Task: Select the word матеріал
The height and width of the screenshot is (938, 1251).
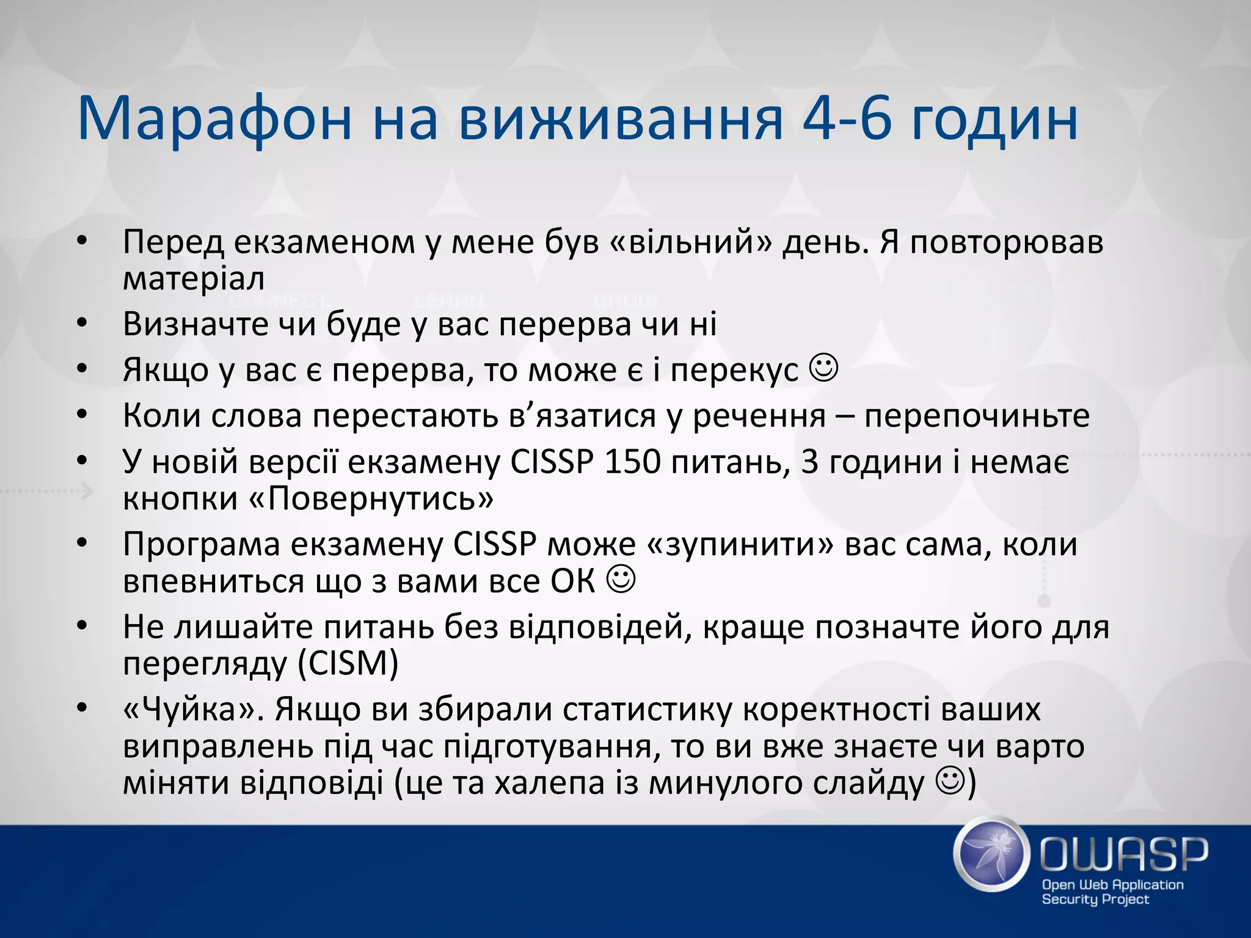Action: [x=194, y=278]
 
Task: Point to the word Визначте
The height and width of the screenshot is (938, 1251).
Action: [x=195, y=324]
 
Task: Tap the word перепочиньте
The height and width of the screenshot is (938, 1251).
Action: [x=977, y=416]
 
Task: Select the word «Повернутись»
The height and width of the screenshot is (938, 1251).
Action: [x=371, y=498]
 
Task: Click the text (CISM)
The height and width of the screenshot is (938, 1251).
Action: [x=348, y=663]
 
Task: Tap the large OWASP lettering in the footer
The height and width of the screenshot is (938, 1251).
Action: [x=1124, y=854]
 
